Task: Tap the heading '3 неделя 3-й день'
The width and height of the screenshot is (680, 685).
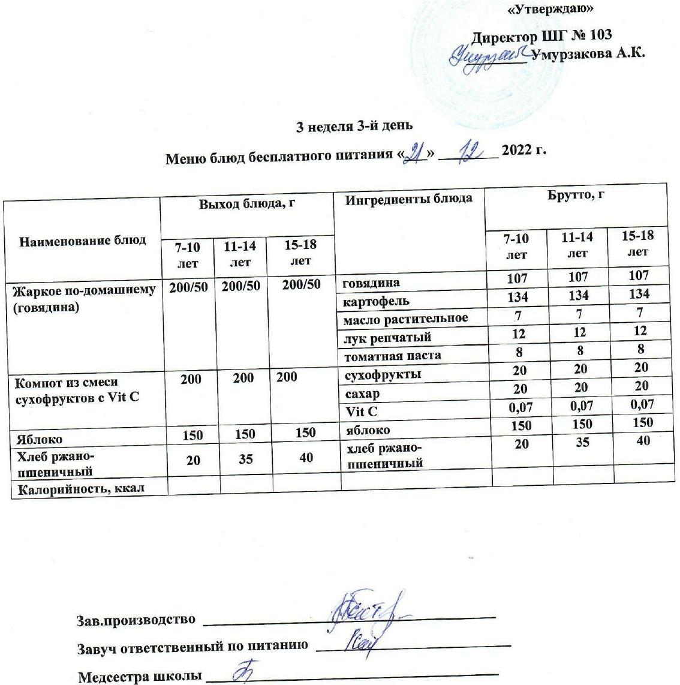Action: tap(355, 127)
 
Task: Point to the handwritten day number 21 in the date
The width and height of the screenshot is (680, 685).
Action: tap(414, 152)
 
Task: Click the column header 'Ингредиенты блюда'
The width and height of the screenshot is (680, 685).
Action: tap(409, 199)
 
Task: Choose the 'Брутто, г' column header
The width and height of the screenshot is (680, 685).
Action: tap(575, 196)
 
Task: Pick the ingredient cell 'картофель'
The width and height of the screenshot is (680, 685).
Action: tap(376, 301)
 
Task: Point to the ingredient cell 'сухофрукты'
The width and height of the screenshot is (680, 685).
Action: tap(382, 375)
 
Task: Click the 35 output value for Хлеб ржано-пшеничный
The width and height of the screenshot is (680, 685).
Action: tap(245, 460)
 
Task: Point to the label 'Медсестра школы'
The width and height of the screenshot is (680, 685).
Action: tap(140, 677)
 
